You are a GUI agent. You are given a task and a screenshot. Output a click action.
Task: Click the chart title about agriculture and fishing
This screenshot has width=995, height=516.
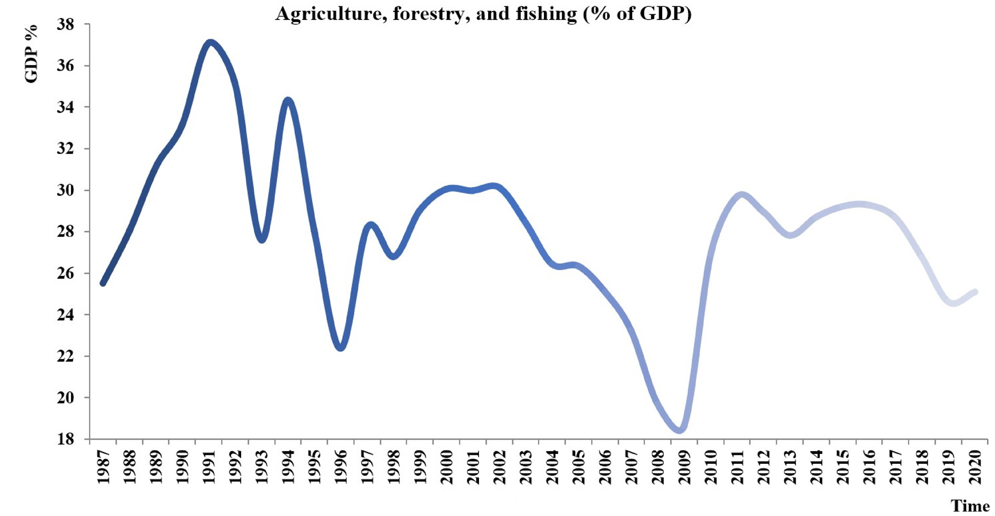[x=483, y=13]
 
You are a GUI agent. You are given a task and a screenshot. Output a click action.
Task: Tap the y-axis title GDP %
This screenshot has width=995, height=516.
[x=31, y=53]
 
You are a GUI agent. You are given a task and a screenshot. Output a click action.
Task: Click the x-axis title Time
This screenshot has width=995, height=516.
[x=970, y=506]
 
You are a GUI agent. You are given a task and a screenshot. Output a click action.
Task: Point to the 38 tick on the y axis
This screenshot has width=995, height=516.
[x=66, y=25]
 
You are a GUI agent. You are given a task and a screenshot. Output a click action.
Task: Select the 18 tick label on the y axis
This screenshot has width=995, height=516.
[x=66, y=439]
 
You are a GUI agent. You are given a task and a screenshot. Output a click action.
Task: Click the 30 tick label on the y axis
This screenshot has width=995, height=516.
[x=66, y=190]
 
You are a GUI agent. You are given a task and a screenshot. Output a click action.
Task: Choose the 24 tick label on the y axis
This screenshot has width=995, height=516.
[x=66, y=315]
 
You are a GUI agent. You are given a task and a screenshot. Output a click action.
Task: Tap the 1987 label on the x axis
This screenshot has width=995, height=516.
[x=103, y=467]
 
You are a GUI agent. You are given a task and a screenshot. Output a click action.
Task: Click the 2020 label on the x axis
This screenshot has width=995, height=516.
[x=975, y=467]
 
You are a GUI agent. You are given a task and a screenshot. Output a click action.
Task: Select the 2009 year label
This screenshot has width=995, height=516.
[x=684, y=467]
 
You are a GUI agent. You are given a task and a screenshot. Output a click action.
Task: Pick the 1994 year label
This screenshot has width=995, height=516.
[x=287, y=467]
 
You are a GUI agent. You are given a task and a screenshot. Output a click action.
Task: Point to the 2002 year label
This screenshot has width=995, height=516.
[x=499, y=467]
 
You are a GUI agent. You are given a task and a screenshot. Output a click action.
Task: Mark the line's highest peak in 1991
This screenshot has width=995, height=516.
[x=210, y=42]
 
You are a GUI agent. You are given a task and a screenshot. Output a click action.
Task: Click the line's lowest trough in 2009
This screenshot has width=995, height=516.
[x=680, y=430]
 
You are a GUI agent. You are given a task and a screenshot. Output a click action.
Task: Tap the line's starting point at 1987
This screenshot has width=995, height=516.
[x=103, y=283]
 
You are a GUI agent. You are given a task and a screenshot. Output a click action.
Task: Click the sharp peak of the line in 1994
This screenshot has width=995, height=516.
[x=287, y=100]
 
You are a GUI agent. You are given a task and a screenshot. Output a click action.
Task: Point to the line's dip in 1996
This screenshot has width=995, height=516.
[x=341, y=348]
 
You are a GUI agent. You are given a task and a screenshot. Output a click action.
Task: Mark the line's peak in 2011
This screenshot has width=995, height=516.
[x=742, y=195]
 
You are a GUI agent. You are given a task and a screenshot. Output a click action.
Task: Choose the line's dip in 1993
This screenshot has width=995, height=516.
[x=262, y=240]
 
